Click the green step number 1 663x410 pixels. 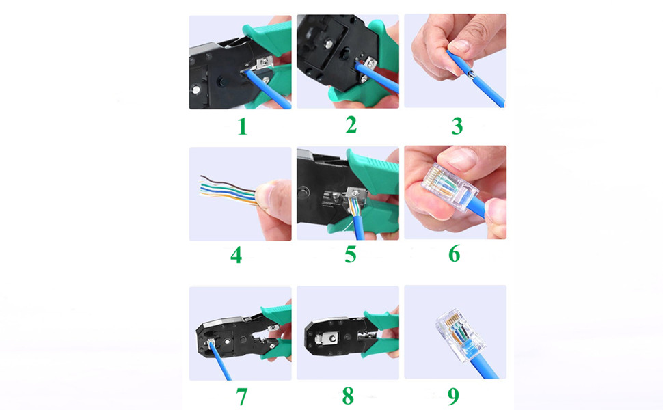242,126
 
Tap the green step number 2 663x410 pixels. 351,125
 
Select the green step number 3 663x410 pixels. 457,126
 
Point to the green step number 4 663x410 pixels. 236,256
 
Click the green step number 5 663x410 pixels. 350,255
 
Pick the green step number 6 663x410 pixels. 455,254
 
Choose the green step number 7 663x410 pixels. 241,396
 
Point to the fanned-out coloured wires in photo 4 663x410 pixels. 226,190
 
